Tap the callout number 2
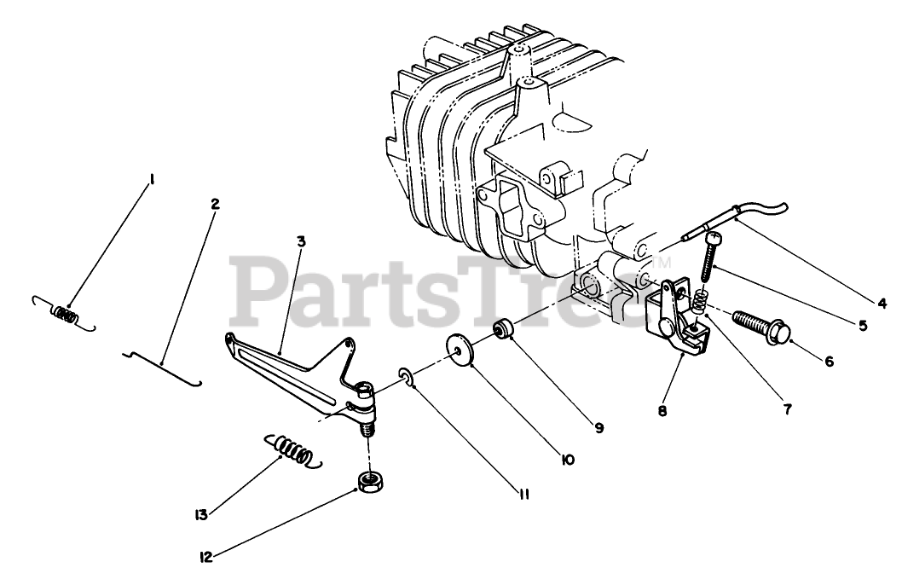coord(214,204)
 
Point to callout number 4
coord(881,302)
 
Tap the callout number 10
coord(568,460)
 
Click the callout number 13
coord(201,514)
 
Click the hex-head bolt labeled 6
coord(760,327)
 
